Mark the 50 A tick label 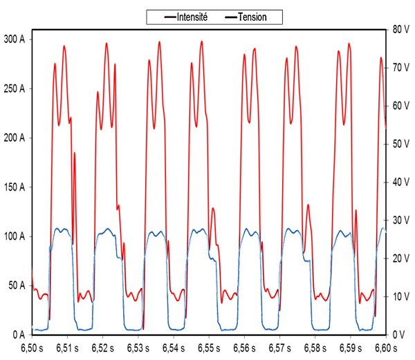(15, 285)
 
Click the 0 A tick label (17, 334)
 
